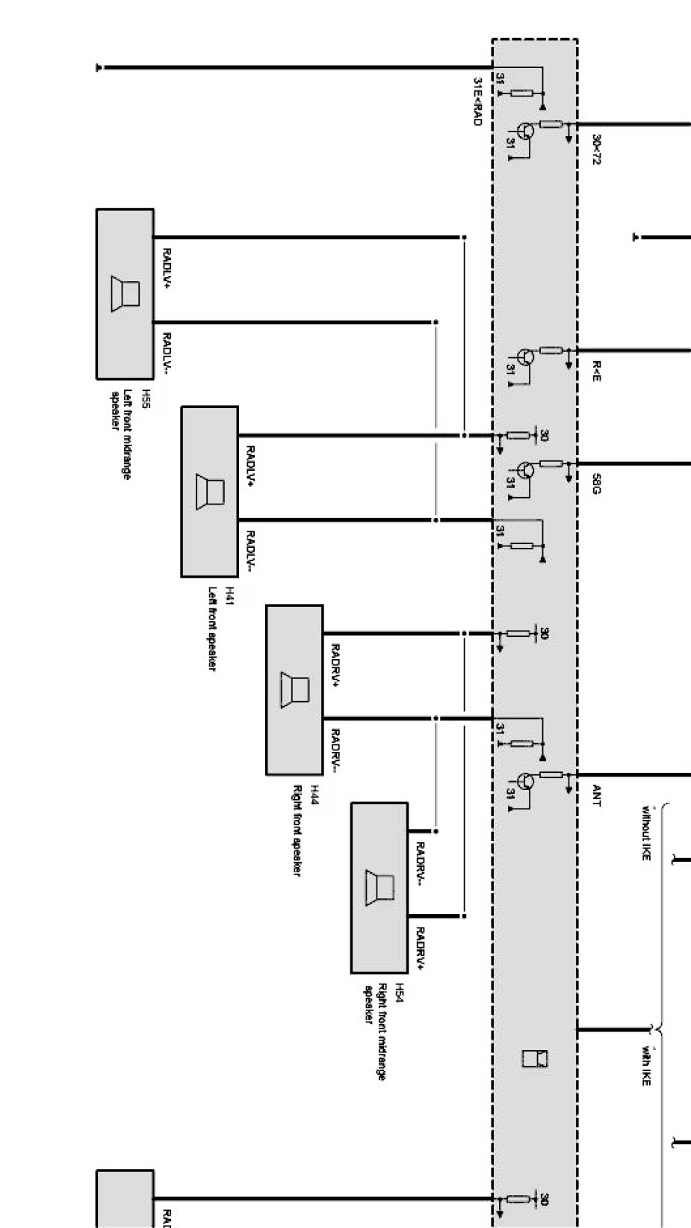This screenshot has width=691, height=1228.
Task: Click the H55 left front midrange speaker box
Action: pyautogui.click(x=125, y=294)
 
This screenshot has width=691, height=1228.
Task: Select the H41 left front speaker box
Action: pyautogui.click(x=210, y=491)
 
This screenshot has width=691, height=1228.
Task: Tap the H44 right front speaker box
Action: pyautogui.click(x=294, y=690)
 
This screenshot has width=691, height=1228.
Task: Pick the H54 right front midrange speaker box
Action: pyautogui.click(x=379, y=887)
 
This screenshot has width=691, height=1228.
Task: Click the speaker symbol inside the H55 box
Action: pyautogui.click(x=125, y=292)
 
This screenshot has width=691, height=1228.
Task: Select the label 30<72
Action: pyautogui.click(x=595, y=149)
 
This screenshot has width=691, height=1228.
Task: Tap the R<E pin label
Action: pyautogui.click(x=596, y=371)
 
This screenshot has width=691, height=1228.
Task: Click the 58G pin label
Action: pyautogui.click(x=596, y=484)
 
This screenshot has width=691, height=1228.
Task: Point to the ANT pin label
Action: pyautogui.click(x=596, y=795)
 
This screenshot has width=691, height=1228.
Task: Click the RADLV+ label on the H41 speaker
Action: pyautogui.click(x=250, y=466)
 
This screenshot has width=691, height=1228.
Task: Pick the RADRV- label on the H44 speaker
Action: pyautogui.click(x=335, y=750)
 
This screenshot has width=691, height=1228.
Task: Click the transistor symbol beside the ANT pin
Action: pyautogui.click(x=526, y=782)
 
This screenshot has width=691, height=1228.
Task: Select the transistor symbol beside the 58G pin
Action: pyautogui.click(x=526, y=470)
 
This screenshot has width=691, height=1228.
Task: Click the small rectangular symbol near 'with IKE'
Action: pyautogui.click(x=536, y=1058)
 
